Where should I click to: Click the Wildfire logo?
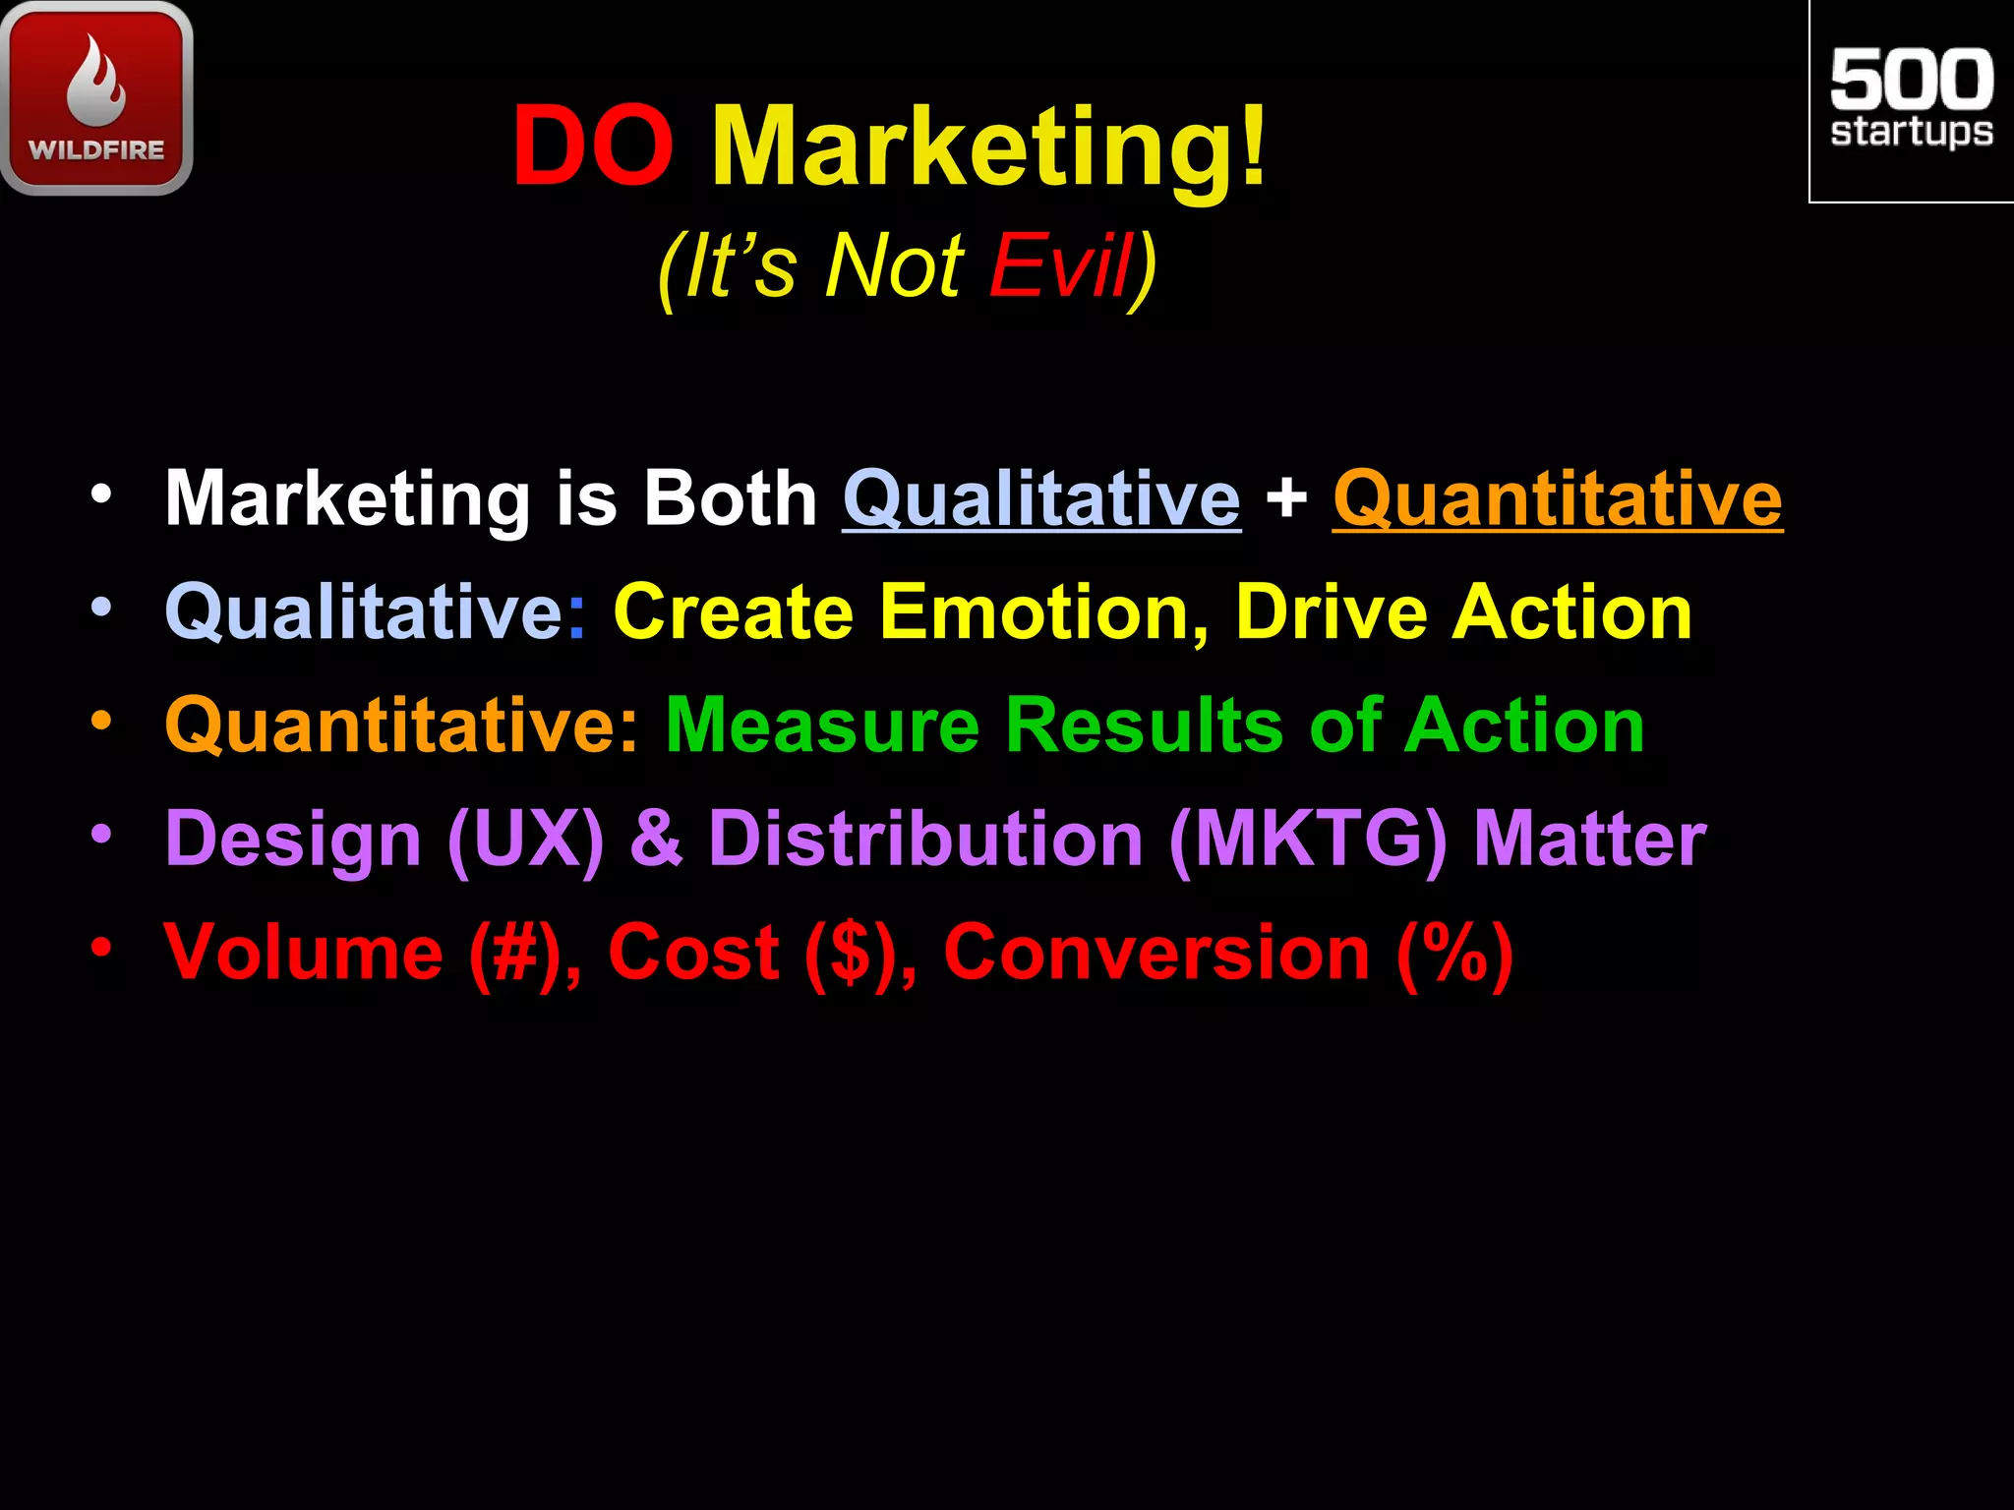(96, 98)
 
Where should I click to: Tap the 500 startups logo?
(1911, 100)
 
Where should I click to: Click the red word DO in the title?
(593, 147)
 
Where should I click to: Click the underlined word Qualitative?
(1041, 498)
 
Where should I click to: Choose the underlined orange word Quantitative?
(1557, 498)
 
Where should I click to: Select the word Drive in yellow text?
(1331, 611)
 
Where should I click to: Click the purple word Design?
(293, 840)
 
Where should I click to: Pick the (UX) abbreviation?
(525, 840)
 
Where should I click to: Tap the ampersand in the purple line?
(656, 840)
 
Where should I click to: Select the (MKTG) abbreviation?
(1308, 840)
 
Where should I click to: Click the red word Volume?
(304, 952)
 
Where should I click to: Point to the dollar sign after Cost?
(850, 954)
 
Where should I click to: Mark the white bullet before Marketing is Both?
(101, 494)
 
